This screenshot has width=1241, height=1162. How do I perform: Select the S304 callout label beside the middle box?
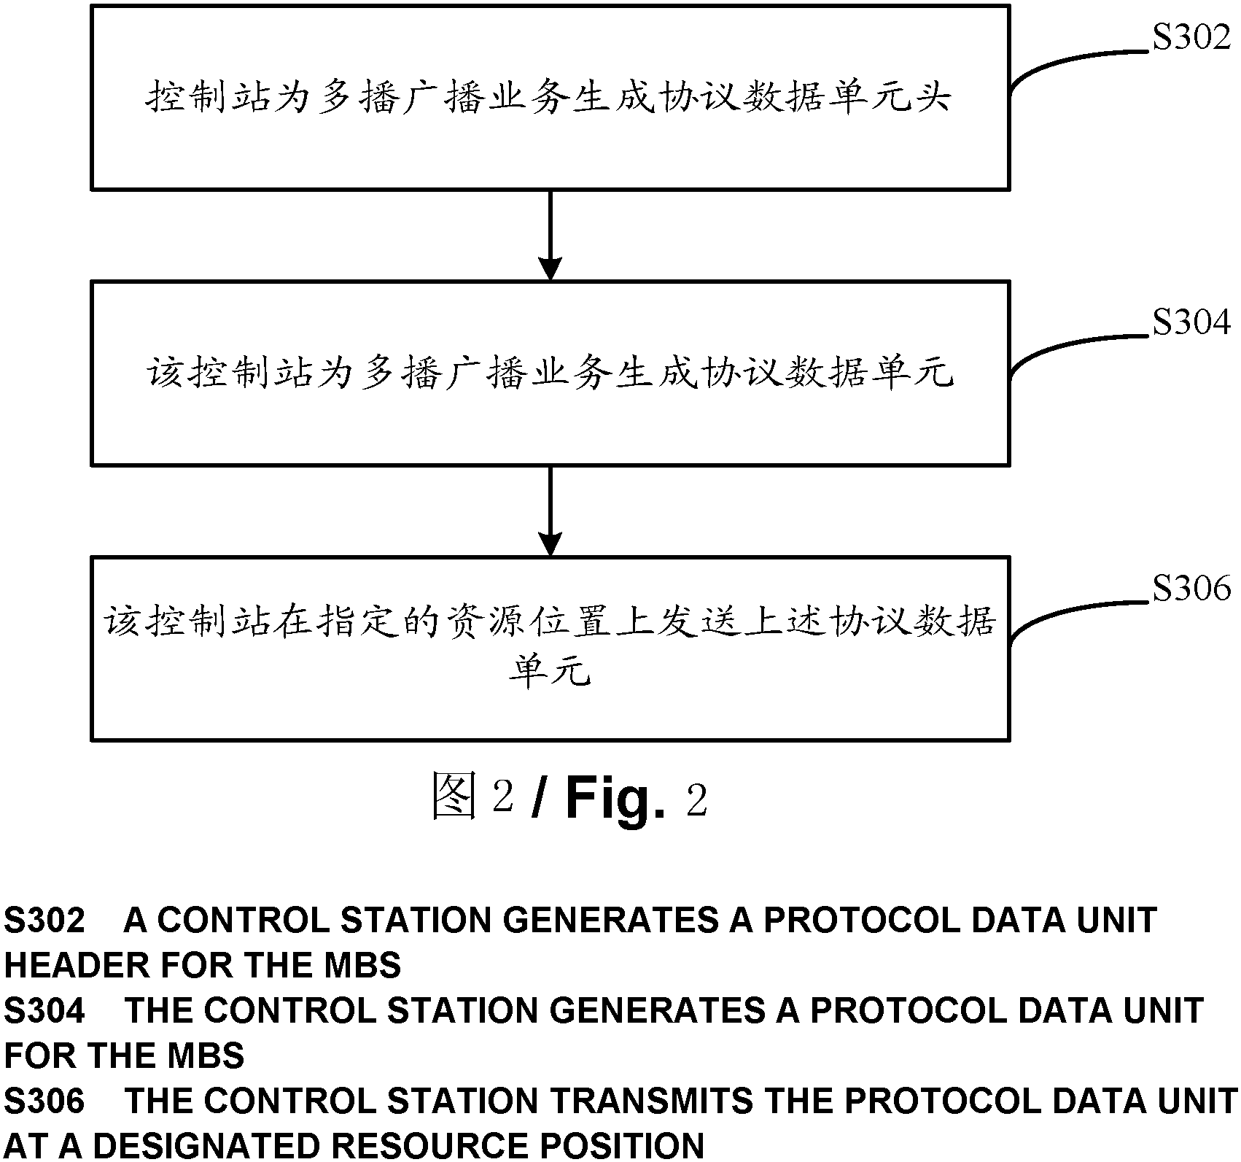1191,322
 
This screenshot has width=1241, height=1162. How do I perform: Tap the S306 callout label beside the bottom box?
1191,588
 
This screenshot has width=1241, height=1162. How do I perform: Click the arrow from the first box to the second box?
550,235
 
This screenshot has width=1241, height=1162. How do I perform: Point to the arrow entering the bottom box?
550,511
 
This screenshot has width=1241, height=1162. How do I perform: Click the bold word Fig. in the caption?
615,799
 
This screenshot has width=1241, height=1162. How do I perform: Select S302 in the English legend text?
44,921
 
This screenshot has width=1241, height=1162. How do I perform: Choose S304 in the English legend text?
44,1010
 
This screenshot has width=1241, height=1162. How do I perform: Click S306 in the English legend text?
44,1100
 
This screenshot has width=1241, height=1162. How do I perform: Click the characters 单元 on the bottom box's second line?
550,670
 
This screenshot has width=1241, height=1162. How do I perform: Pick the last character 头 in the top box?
930,98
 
